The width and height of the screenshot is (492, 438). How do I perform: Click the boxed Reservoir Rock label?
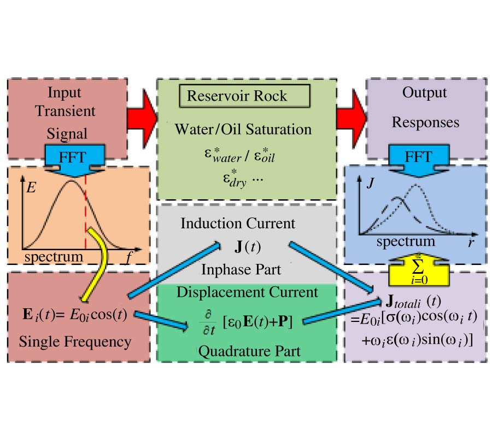point(237,96)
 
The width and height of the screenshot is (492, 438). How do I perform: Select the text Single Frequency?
point(75,342)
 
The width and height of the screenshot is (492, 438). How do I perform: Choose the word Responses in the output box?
point(417,123)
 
